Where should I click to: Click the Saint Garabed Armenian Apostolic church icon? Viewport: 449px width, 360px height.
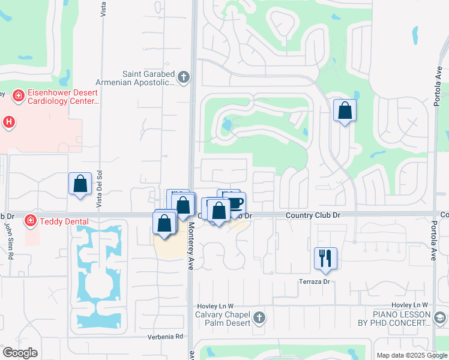point(184,77)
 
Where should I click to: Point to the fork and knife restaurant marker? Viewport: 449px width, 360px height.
point(325,259)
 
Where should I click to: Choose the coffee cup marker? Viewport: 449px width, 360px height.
point(234,202)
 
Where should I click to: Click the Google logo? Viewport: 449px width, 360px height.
point(20,353)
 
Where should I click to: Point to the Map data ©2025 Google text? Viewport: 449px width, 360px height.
point(412,355)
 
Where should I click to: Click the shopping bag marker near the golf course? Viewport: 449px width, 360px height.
point(345,110)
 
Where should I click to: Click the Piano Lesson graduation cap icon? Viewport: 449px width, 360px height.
point(440,317)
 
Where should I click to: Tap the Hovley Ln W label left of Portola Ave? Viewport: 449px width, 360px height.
point(412,305)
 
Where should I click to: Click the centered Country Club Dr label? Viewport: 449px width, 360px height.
point(313,215)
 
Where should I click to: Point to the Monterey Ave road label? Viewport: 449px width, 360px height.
point(191,245)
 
